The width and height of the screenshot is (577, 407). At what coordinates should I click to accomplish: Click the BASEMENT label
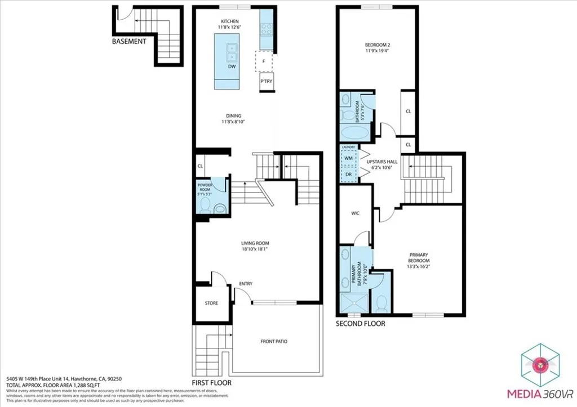(x=129, y=42)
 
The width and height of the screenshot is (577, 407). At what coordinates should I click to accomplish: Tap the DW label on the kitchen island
(x=232, y=67)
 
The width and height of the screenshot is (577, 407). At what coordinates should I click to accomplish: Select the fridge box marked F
(x=264, y=61)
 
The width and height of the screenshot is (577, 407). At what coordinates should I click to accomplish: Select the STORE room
(x=211, y=303)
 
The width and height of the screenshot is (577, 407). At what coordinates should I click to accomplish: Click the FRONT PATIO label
(x=275, y=342)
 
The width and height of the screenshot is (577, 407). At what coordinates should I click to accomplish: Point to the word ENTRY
(x=246, y=284)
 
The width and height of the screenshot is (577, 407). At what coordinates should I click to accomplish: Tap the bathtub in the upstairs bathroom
(x=355, y=134)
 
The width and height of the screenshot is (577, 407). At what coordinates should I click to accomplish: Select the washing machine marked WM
(x=349, y=159)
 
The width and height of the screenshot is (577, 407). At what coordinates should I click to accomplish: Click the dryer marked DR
(x=349, y=174)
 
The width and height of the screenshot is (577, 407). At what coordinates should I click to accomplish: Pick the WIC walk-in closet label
(x=355, y=213)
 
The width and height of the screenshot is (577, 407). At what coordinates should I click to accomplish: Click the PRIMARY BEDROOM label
(x=419, y=261)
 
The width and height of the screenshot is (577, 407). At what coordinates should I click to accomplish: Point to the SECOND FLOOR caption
(x=361, y=324)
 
